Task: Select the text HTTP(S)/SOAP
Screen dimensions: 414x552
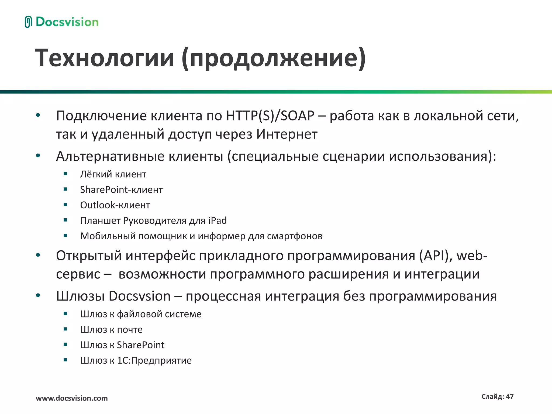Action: (270, 116)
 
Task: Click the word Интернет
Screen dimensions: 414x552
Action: (287, 134)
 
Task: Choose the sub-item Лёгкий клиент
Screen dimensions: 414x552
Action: (113, 174)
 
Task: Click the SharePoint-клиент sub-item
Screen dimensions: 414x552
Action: (121, 190)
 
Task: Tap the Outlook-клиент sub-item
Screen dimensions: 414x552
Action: (115, 205)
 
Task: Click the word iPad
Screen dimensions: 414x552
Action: (218, 220)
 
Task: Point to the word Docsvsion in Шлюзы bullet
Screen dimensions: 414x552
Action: (140, 296)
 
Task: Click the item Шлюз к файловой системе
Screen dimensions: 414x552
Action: (141, 314)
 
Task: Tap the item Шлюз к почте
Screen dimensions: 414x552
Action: (111, 329)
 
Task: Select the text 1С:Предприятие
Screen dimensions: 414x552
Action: (154, 360)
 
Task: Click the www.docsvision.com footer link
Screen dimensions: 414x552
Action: (72, 398)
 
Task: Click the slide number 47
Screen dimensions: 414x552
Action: (510, 396)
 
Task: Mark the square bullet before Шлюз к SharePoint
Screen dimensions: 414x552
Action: (65, 344)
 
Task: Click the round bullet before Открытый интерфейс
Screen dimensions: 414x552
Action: (38, 255)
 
